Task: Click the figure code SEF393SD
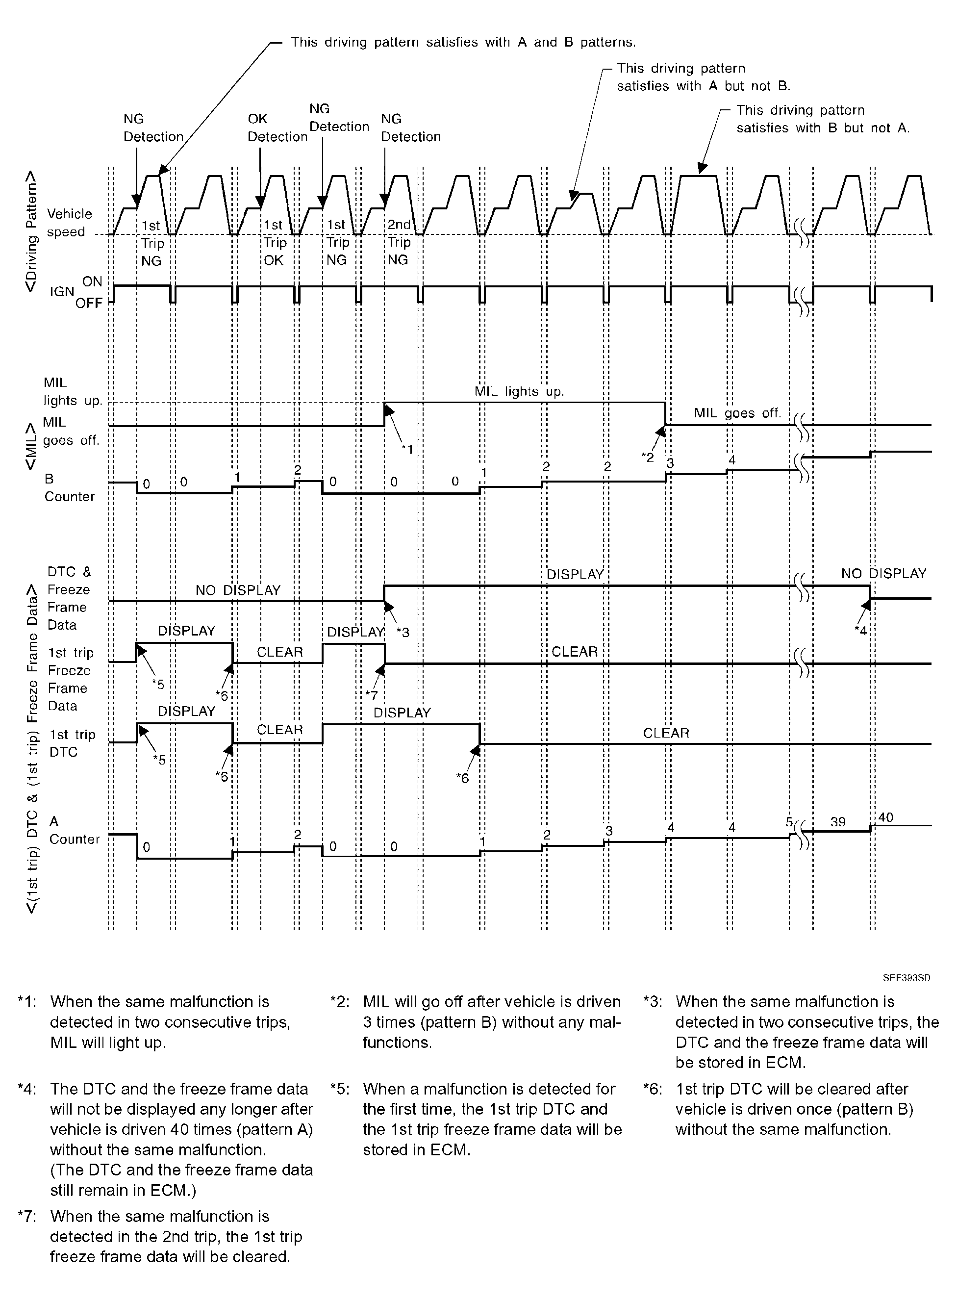click(x=906, y=977)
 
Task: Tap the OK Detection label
click(x=277, y=127)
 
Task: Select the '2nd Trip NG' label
click(x=399, y=242)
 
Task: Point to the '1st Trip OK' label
click(x=274, y=243)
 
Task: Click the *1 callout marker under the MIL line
click(x=407, y=449)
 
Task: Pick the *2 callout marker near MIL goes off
click(x=647, y=457)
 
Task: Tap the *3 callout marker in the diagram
click(x=403, y=632)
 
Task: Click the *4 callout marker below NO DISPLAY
click(x=861, y=631)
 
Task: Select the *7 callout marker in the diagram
click(x=371, y=695)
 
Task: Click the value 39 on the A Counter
click(x=838, y=821)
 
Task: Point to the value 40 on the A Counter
click(x=885, y=817)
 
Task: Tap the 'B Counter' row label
click(x=69, y=488)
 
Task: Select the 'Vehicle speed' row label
click(x=69, y=223)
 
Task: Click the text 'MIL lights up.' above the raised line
click(x=519, y=392)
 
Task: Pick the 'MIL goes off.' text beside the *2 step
click(x=737, y=413)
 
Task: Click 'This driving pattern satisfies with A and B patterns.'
click(x=463, y=42)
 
